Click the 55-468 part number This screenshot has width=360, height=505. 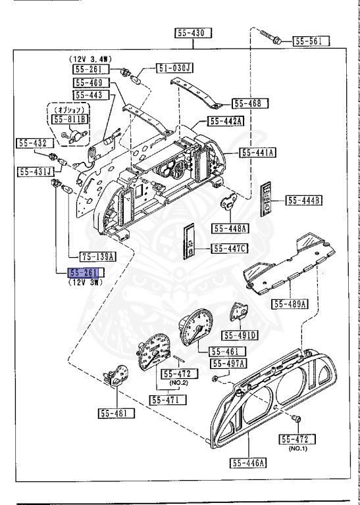(x=251, y=103)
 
